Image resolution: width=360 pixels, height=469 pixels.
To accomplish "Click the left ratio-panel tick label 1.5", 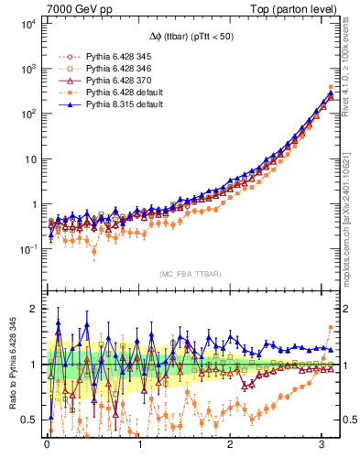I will [30, 336].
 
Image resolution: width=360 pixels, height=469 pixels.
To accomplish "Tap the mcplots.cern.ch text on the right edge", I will [350, 229].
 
